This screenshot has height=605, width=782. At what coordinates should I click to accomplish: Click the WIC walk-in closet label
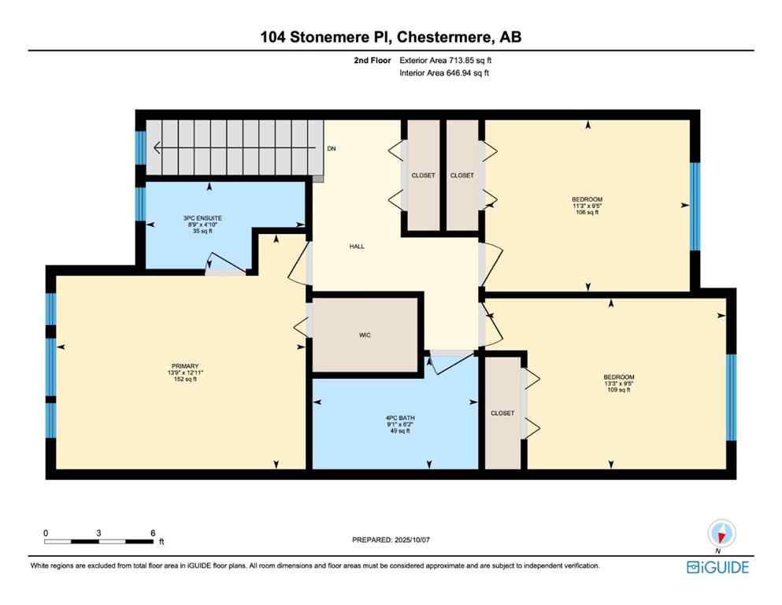coord(365,335)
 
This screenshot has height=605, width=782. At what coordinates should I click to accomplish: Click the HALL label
coord(357,246)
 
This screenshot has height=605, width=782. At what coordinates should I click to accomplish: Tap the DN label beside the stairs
coord(332,148)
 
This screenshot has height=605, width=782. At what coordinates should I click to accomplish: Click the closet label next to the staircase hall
coord(423,176)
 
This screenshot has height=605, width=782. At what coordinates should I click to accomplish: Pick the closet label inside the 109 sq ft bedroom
coord(502,413)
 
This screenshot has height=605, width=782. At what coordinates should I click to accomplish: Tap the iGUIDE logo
coord(717,567)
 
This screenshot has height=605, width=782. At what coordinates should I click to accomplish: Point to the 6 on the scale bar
coord(152,533)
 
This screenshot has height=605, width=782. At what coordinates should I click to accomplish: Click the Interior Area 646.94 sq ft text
coord(445,72)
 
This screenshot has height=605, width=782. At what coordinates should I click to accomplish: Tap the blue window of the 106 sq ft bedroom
coord(695,206)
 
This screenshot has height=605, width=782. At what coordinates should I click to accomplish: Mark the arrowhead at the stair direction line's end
coord(158,147)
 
